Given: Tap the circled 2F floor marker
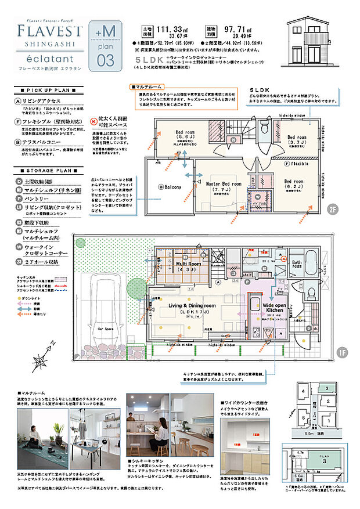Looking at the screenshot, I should click(332, 209).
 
